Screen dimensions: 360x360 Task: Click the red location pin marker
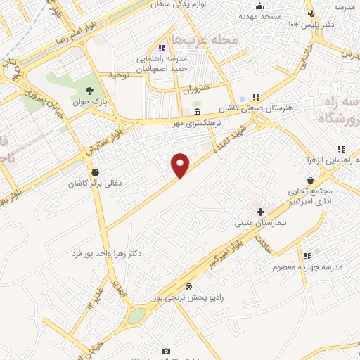coord(181,166)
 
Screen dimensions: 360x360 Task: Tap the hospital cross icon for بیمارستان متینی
coord(260,212)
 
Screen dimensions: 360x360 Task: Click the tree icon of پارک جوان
coord(89,90)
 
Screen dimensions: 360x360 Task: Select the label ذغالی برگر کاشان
coord(94,184)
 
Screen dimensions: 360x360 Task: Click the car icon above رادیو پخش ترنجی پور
coord(188,286)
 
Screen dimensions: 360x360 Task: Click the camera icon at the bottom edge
coord(166,351)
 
